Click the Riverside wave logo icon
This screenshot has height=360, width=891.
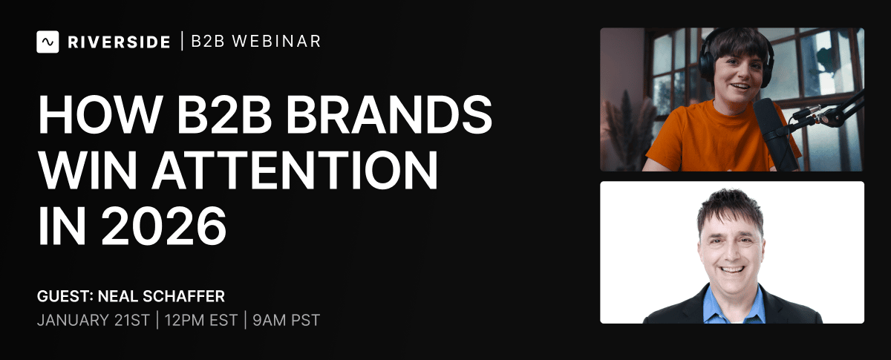tap(48, 42)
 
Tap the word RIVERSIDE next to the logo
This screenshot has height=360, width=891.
tap(119, 42)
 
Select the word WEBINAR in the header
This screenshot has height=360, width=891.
tap(276, 42)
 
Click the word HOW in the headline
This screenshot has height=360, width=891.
tap(101, 114)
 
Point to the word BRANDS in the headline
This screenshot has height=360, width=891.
tap(389, 114)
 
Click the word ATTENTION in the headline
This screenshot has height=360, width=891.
tap(295, 171)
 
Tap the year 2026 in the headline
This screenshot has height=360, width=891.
tap(164, 226)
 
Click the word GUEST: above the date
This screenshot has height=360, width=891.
tap(65, 296)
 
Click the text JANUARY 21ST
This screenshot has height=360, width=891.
tap(93, 320)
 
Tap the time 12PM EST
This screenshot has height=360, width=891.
tap(201, 320)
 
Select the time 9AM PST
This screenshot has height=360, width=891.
tap(286, 320)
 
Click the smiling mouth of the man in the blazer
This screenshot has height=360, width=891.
tap(732, 270)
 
